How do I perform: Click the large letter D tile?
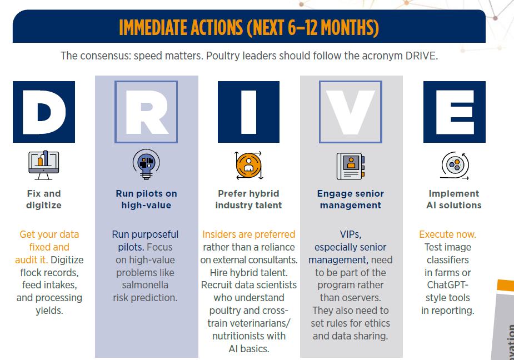[x=44, y=112]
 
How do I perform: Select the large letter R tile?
[x=146, y=112]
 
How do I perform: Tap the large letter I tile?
[x=248, y=112]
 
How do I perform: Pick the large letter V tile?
[x=351, y=112]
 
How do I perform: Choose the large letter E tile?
[x=455, y=112]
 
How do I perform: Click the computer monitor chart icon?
[x=43, y=165]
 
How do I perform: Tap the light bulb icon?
[x=146, y=164]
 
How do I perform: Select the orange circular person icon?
[x=248, y=165]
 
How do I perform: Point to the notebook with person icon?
[x=351, y=166]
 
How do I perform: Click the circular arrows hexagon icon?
[x=455, y=165]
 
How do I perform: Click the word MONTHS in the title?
[x=350, y=28]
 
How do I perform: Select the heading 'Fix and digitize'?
[x=44, y=199]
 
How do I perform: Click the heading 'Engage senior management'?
[x=351, y=199]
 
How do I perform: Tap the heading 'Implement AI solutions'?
[x=454, y=199]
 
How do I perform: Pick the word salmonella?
[x=145, y=285]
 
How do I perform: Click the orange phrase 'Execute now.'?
[x=447, y=234]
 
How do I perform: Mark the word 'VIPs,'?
[x=351, y=235]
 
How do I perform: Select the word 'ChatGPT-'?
[x=447, y=285]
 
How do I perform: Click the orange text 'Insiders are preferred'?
[x=248, y=234]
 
